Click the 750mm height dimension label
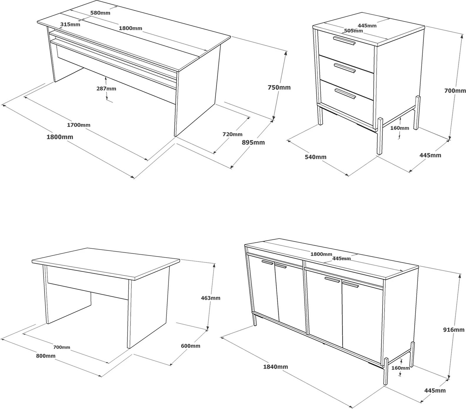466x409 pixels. click(x=279, y=87)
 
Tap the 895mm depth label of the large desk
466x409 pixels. click(x=253, y=142)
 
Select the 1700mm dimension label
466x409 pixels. click(x=78, y=125)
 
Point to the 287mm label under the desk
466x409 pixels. click(x=106, y=89)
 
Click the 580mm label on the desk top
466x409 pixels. click(x=101, y=13)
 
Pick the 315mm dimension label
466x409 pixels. click(x=70, y=24)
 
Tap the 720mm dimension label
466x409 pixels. click(x=232, y=134)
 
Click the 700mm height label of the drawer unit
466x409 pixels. click(x=455, y=91)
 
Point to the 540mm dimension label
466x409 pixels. click(x=315, y=157)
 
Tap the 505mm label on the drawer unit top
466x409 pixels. click(x=353, y=31)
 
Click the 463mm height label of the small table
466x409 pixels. click(x=211, y=298)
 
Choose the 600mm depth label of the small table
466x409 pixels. click(x=191, y=346)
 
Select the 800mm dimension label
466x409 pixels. click(x=46, y=356)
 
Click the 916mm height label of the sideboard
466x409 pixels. click(x=454, y=330)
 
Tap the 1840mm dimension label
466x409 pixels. click(x=275, y=367)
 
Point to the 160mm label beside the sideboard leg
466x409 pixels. click(x=400, y=368)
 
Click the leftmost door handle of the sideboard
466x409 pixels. click(x=267, y=262)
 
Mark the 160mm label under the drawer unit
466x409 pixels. click(x=400, y=128)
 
